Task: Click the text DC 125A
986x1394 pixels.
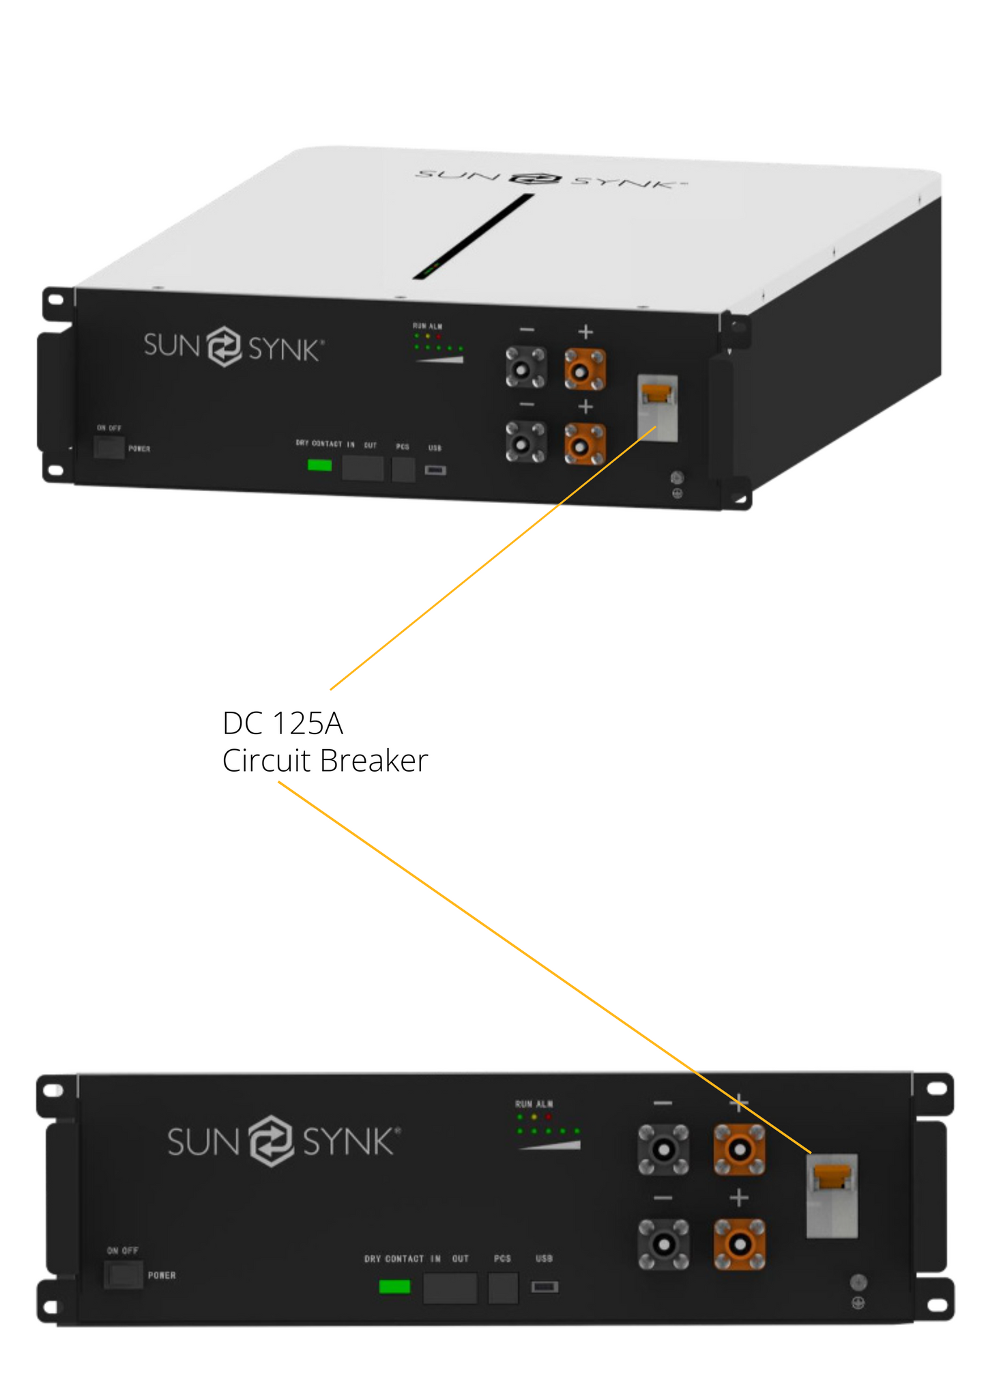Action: tap(282, 723)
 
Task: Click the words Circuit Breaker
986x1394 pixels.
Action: tap(325, 761)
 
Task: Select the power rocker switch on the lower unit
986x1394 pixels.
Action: tap(124, 1275)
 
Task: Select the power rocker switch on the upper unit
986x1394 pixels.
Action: tap(109, 448)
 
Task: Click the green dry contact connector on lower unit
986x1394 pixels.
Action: tap(394, 1287)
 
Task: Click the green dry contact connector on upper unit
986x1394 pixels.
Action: tap(319, 465)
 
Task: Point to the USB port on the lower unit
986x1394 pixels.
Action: tap(545, 1287)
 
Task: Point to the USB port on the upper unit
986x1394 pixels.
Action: tap(435, 470)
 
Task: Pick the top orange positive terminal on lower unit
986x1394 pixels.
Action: tap(739, 1150)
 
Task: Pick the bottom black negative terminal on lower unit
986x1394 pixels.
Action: tap(663, 1245)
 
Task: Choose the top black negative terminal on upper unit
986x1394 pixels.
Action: tap(525, 368)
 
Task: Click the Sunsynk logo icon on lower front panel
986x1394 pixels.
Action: tap(271, 1141)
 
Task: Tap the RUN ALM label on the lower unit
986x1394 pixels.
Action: tap(534, 1103)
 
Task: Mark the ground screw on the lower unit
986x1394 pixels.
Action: tap(858, 1282)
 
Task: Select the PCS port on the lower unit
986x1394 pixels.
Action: tap(504, 1288)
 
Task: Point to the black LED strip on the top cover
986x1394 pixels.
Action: tap(474, 236)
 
